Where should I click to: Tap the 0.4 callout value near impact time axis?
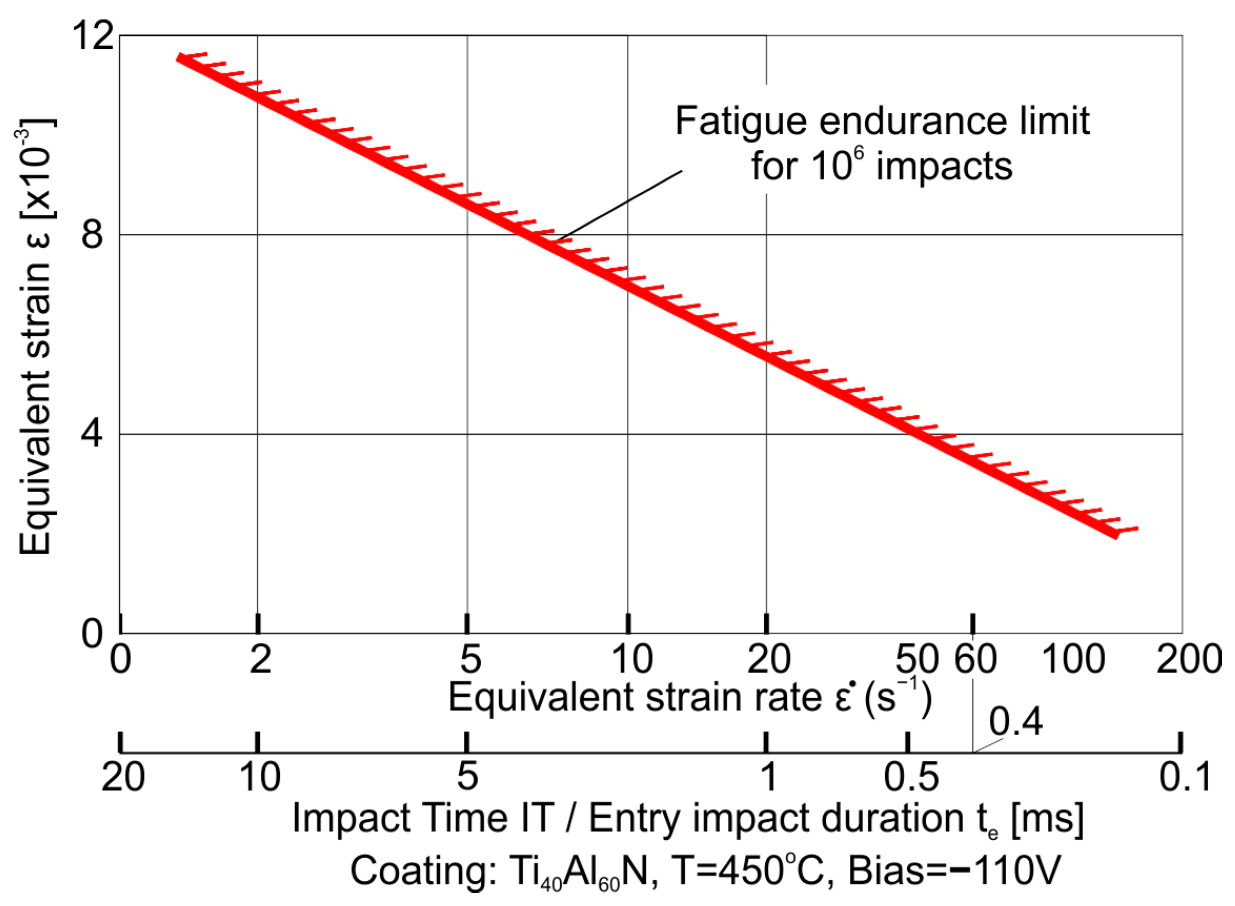[x=1016, y=722]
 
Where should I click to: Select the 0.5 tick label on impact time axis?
[x=912, y=777]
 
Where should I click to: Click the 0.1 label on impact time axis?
[x=1185, y=777]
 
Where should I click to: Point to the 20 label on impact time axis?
[x=124, y=777]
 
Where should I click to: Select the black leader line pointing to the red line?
[x=620, y=205]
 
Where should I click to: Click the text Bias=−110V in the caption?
[x=954, y=870]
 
